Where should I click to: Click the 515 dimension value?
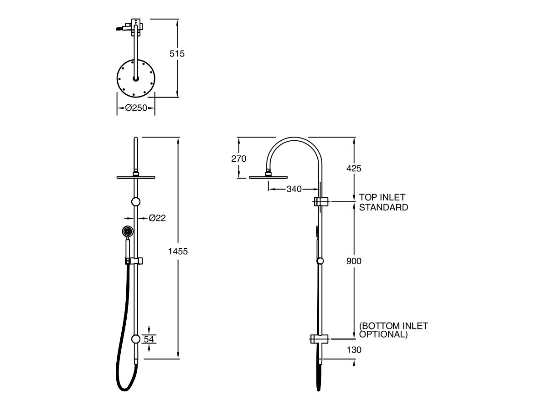pyautogui.click(x=177, y=54)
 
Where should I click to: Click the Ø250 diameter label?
pyautogui.click(x=136, y=108)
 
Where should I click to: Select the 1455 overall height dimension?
pyautogui.click(x=178, y=251)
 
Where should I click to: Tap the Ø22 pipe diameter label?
pyautogui.click(x=157, y=218)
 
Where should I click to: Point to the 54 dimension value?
pyautogui.click(x=149, y=339)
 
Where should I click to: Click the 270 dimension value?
pyautogui.click(x=238, y=159)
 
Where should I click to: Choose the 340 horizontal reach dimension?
pyautogui.click(x=294, y=189)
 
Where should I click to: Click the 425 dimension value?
pyautogui.click(x=354, y=169)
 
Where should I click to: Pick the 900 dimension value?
pyautogui.click(x=354, y=261)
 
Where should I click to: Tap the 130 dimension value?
pyautogui.click(x=354, y=350)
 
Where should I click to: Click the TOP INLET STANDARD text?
pyautogui.click(x=383, y=202)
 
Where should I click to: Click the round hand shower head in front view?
pyautogui.click(x=128, y=231)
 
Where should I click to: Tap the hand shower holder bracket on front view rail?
pyautogui.click(x=134, y=261)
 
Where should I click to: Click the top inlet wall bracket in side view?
pyautogui.click(x=321, y=201)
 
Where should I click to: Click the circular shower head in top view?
pyautogui.click(x=136, y=79)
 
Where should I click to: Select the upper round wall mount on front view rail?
pyautogui.click(x=136, y=202)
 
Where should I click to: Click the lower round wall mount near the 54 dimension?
pyautogui.click(x=136, y=339)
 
